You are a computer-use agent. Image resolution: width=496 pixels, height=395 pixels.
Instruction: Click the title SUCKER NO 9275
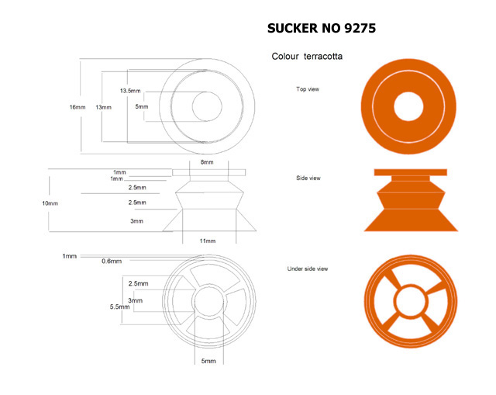[x=322, y=28]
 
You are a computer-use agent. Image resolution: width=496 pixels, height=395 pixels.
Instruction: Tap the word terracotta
[x=323, y=57]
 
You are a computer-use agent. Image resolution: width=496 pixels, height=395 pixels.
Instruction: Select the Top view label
[x=308, y=89]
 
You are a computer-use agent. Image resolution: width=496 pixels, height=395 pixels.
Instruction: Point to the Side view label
[x=308, y=178]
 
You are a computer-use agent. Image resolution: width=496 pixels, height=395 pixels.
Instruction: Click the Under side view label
[x=308, y=269]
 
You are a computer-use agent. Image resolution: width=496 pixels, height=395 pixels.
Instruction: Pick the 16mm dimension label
[x=77, y=107]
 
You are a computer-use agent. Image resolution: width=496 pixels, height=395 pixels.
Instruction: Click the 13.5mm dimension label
[x=130, y=91]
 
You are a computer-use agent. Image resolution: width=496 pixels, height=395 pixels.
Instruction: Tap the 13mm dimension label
[x=103, y=107]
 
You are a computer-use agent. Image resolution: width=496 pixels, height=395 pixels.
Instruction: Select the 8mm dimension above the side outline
[x=207, y=162]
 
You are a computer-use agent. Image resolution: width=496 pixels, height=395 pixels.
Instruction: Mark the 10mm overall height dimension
[x=50, y=203]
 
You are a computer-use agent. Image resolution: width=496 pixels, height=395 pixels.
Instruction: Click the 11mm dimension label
[x=208, y=241]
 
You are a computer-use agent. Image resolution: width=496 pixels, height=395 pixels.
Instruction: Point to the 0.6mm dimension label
[x=112, y=262]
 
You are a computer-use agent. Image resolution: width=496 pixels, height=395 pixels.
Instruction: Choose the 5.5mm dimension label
[x=119, y=307]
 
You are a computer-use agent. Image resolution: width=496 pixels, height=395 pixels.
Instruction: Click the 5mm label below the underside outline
[x=208, y=361]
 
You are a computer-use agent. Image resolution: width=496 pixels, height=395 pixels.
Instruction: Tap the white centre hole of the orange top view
[x=408, y=106]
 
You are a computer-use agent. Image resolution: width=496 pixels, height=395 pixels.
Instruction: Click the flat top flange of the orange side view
[x=410, y=172]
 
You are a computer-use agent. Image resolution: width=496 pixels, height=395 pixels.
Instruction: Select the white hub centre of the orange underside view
[x=410, y=301]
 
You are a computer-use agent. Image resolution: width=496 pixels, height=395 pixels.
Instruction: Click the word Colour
[x=285, y=57]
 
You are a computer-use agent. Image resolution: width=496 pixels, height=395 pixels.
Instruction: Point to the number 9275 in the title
[x=360, y=28]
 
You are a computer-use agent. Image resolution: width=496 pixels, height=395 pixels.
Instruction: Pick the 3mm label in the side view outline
[x=136, y=221]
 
